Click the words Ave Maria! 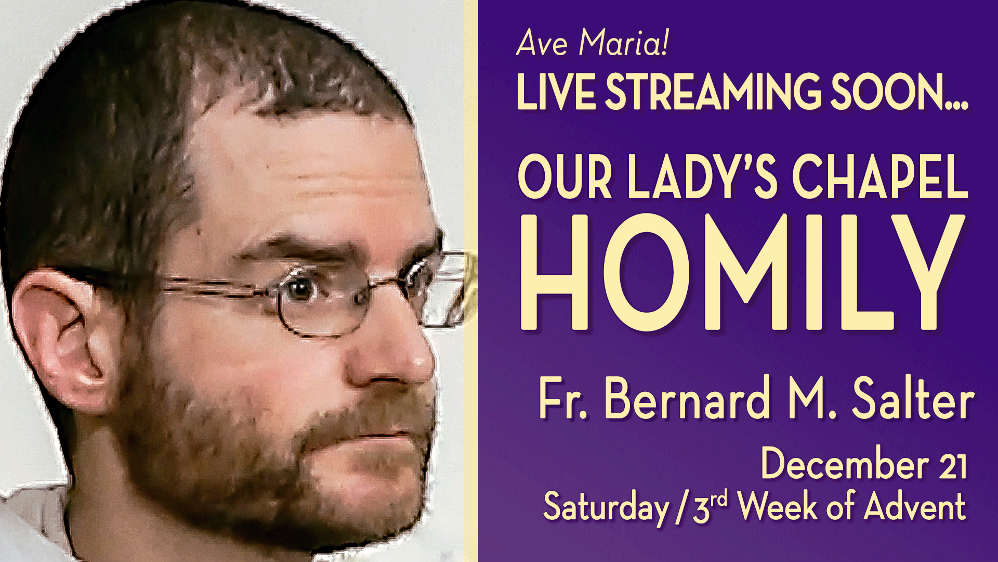[592, 42]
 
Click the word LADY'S [702, 176]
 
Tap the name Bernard [686, 399]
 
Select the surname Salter [912, 399]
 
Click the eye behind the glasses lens [300, 289]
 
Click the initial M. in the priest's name [812, 399]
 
